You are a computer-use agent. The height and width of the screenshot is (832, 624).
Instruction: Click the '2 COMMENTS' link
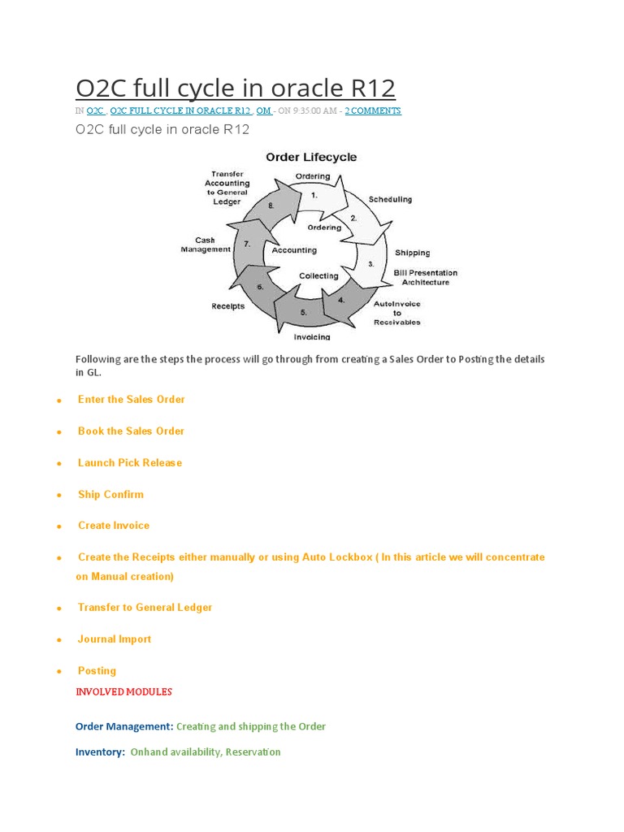373,110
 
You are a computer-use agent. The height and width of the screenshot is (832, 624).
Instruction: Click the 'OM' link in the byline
264,110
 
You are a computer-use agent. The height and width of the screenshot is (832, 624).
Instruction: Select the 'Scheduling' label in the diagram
390,199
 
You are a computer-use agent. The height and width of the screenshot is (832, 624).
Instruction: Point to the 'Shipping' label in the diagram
413,253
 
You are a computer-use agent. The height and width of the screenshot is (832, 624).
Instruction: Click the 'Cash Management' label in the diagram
206,245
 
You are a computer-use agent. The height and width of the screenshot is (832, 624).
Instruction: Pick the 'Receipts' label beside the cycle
228,306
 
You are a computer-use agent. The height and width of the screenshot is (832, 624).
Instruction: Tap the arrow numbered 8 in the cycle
271,206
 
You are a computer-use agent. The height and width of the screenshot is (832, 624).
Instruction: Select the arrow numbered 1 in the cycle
314,195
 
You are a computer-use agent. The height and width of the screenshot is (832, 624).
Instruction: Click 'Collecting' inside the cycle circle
318,276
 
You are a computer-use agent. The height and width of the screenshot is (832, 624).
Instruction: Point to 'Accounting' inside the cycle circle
294,250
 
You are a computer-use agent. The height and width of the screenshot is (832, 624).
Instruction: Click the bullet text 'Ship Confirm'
110,494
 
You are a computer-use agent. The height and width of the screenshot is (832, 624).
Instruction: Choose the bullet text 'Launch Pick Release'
130,462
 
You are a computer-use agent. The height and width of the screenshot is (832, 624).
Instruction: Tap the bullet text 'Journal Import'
115,639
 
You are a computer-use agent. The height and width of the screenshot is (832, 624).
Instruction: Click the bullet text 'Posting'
97,670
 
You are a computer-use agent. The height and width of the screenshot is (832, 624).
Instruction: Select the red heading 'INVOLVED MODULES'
123,691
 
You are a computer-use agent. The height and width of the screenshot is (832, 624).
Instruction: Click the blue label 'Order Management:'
123,726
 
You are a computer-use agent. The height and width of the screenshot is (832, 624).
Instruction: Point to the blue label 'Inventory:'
100,752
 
